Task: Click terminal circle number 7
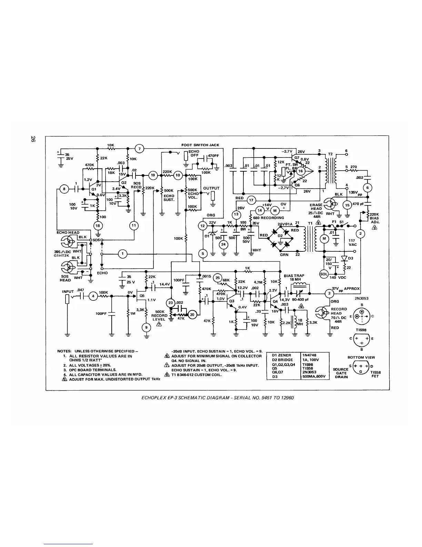pyautogui.click(x=139, y=149)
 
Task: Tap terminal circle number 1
pyautogui.click(x=122, y=254)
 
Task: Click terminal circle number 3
pyautogui.click(x=329, y=294)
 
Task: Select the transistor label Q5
pyautogui.click(x=142, y=296)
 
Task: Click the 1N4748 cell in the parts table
pyautogui.click(x=309, y=355)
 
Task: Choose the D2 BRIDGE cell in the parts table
pyautogui.click(x=282, y=359)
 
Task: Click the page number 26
pyautogui.click(x=33, y=140)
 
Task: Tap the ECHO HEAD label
pyautogui.click(x=68, y=232)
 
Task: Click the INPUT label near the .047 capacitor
pyautogui.click(x=68, y=291)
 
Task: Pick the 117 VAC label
pyautogui.click(x=352, y=242)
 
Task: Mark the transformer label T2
pyautogui.click(x=330, y=154)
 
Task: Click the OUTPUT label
pyautogui.click(x=211, y=188)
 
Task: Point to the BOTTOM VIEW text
pyautogui.click(x=361, y=357)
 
